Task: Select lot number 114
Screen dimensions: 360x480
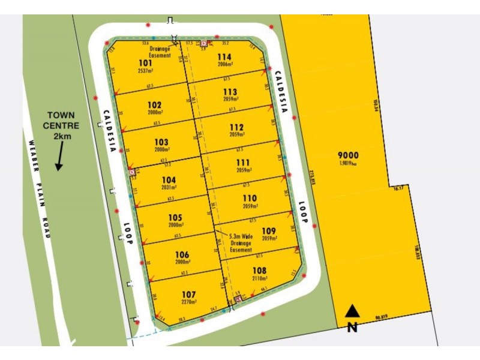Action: [224, 58]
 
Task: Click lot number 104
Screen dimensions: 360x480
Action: [169, 179]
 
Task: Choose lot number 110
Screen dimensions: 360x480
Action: [249, 198]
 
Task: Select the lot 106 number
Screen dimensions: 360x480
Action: [182, 254]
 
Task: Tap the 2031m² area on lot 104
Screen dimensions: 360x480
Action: [169, 188]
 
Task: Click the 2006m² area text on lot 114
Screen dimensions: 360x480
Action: [225, 66]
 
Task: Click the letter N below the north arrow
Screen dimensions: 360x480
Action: [353, 328]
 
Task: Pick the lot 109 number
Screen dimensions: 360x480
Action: [269, 230]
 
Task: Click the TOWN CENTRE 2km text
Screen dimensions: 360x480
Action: [59, 126]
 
